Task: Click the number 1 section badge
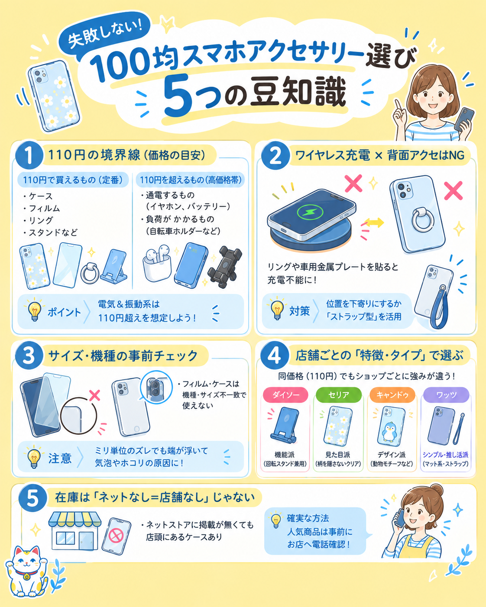29,155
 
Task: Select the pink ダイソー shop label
285,394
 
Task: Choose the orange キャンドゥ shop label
392,394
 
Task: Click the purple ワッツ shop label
446,394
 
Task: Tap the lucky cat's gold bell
26,577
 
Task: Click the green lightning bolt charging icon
310,212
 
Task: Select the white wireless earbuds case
157,264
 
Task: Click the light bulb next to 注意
34,458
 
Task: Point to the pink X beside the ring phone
453,190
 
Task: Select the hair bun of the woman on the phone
437,490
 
